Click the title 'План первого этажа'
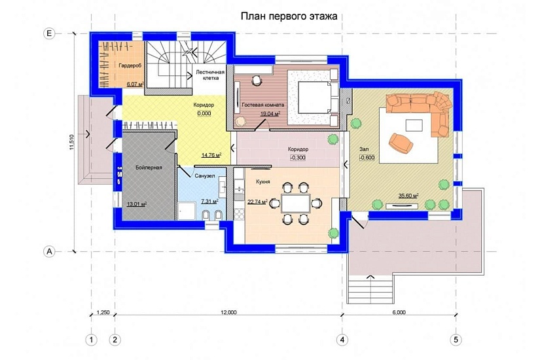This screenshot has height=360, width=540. click(289, 16)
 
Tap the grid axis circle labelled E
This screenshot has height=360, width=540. click(49, 33)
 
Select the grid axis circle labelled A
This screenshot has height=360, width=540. click(49, 251)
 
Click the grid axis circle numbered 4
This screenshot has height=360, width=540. click(342, 340)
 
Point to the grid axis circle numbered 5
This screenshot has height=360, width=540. click(456, 340)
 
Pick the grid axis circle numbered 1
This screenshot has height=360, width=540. click(91, 340)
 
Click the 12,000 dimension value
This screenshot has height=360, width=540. click(228, 312)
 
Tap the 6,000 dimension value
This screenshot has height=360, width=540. click(399, 312)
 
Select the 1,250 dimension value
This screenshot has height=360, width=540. click(103, 312)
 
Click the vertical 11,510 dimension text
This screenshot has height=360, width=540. click(71, 142)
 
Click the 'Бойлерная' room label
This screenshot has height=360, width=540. click(149, 168)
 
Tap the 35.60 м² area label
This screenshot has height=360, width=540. click(408, 196)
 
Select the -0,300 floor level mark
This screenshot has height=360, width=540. click(298, 158)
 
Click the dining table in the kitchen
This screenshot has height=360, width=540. click(296, 204)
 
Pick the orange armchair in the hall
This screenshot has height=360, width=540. click(401, 142)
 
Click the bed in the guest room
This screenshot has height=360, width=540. click(315, 97)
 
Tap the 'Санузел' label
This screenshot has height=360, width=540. click(205, 176)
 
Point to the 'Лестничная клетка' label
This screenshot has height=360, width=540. click(210, 75)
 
